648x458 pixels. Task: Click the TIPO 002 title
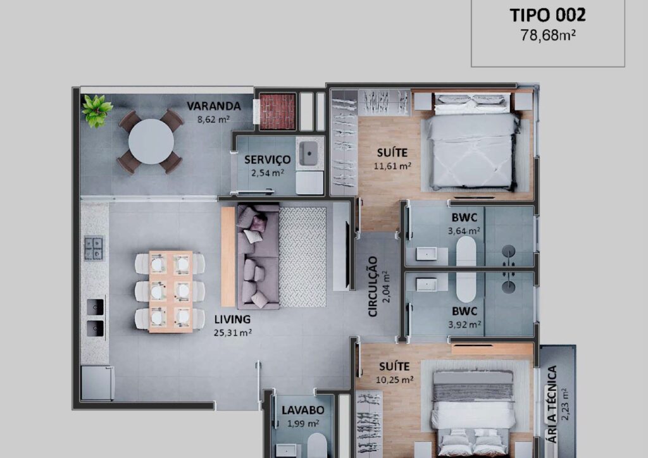point(547,15)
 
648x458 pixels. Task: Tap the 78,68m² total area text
point(548,35)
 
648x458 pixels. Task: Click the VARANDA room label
point(214,106)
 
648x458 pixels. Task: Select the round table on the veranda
point(151,142)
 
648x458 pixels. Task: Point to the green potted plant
point(96,110)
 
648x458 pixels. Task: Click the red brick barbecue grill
point(277,111)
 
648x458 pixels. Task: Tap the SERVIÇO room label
point(268,159)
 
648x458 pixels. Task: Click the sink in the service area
point(309,153)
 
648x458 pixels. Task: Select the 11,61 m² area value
point(392,166)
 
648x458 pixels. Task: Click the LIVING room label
point(232,319)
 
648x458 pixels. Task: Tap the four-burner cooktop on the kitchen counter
point(94,248)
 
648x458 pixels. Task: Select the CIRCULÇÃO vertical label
point(373,287)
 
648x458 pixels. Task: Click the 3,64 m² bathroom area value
point(464,231)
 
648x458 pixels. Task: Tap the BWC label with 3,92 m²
point(464,311)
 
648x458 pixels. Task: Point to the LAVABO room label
point(303,410)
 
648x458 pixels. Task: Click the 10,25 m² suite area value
point(395,380)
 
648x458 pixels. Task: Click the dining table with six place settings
point(170,292)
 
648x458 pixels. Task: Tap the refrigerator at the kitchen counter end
point(97,383)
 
